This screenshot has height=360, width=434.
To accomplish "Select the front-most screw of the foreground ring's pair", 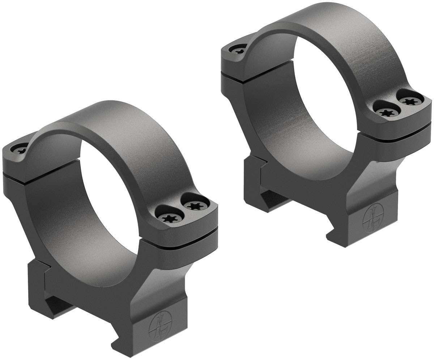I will pyautogui.click(x=169, y=218).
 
